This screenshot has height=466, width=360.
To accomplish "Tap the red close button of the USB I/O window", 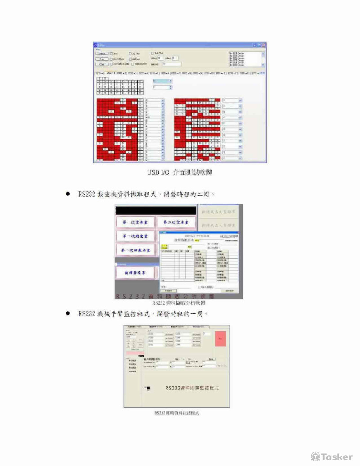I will click(264, 45).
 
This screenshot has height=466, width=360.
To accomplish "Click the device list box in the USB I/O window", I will click(245, 59).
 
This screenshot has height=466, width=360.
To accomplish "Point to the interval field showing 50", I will click(171, 64).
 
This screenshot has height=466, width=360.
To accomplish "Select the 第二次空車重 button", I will click(176, 222).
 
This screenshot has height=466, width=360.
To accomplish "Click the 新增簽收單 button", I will click(136, 272).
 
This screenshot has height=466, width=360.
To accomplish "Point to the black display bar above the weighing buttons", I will click(156, 210).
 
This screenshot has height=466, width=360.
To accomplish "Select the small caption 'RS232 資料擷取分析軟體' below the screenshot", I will click(179, 303).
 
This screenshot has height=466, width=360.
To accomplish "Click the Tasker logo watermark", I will click(332, 456).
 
